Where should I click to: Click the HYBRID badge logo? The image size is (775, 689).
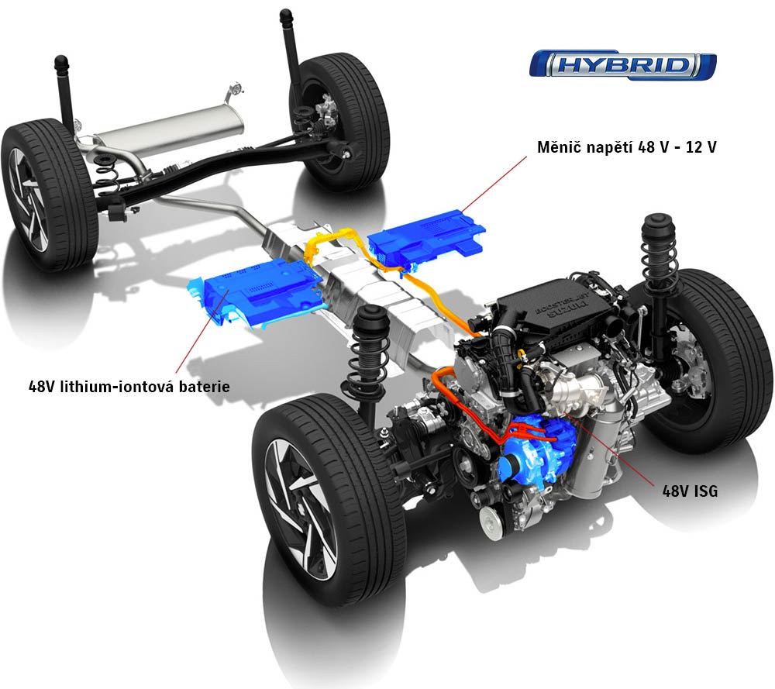(623, 64)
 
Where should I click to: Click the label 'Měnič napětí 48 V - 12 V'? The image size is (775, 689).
(627, 146)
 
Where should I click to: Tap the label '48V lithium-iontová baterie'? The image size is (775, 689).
(129, 386)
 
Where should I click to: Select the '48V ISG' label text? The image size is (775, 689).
(690, 491)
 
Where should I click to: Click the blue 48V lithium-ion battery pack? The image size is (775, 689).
(254, 291)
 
